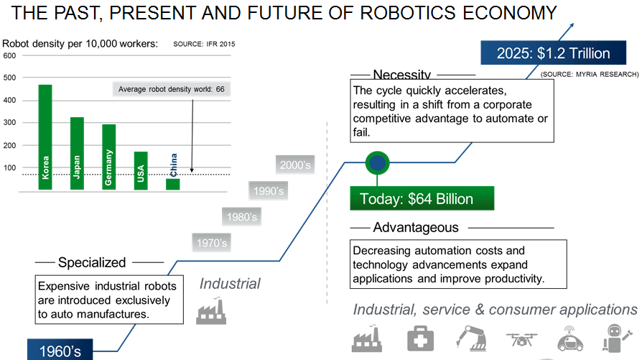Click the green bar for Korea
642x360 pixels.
tap(45, 137)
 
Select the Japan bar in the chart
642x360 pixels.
tap(77, 154)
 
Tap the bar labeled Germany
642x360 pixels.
tap(109, 157)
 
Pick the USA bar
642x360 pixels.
tap(141, 171)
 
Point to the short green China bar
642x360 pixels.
tap(173, 184)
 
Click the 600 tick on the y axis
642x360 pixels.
tap(9, 56)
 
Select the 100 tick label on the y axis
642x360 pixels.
tap(9, 167)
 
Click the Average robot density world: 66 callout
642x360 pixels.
tap(172, 89)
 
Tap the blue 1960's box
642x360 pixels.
tap(60, 350)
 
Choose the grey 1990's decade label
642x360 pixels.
tap(268, 191)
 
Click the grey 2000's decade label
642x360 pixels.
tap(295, 165)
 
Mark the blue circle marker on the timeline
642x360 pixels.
tap(377, 162)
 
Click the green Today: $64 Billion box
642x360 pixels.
tap(422, 198)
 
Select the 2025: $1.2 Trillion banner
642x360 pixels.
tap(554, 53)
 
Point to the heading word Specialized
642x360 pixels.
tap(92, 262)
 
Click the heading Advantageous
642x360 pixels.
tap(416, 227)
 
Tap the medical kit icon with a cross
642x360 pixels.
tap(420, 338)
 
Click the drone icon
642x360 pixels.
tap(521, 339)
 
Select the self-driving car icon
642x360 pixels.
tap(570, 338)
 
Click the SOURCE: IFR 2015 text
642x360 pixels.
tap(204, 45)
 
